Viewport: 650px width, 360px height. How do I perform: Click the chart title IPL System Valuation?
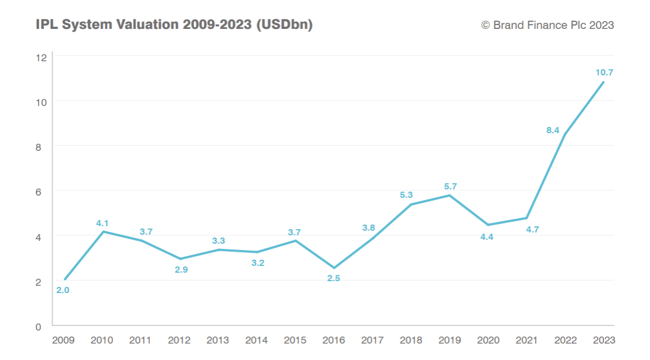pyautogui.click(x=174, y=25)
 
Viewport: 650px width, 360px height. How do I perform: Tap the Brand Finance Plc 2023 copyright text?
pyautogui.click(x=547, y=25)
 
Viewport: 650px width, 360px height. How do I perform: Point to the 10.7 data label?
pyautogui.click(x=605, y=72)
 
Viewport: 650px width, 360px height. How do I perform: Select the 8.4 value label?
pyautogui.click(x=553, y=130)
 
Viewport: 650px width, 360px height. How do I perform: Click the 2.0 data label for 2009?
pyautogui.click(x=62, y=290)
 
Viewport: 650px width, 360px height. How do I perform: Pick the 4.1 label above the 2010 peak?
pyautogui.click(x=103, y=223)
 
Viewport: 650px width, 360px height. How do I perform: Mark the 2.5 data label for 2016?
pyautogui.click(x=334, y=278)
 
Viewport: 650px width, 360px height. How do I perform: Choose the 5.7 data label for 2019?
pyautogui.click(x=451, y=187)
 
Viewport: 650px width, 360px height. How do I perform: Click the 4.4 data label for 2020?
pyautogui.click(x=487, y=237)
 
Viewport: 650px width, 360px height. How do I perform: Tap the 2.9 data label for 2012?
pyautogui.click(x=181, y=270)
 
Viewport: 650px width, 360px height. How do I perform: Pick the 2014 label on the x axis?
pyautogui.click(x=256, y=340)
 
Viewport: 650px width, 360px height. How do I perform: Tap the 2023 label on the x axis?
pyautogui.click(x=604, y=340)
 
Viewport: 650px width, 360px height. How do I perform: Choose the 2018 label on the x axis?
pyautogui.click(x=411, y=340)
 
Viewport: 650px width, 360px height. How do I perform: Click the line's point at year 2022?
pyautogui.click(x=566, y=134)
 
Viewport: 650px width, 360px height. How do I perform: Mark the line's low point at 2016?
pyautogui.click(x=334, y=268)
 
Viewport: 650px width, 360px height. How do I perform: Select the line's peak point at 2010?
pyautogui.click(x=103, y=231)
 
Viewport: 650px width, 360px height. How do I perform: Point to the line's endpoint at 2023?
pyautogui.click(x=604, y=82)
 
